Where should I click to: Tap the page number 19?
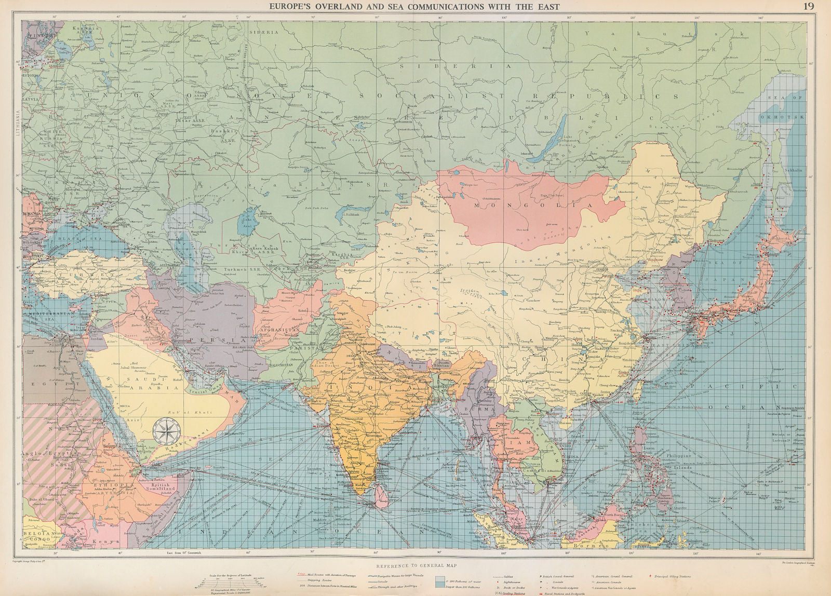(x=809, y=6)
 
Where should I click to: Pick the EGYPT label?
(x=40, y=369)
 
